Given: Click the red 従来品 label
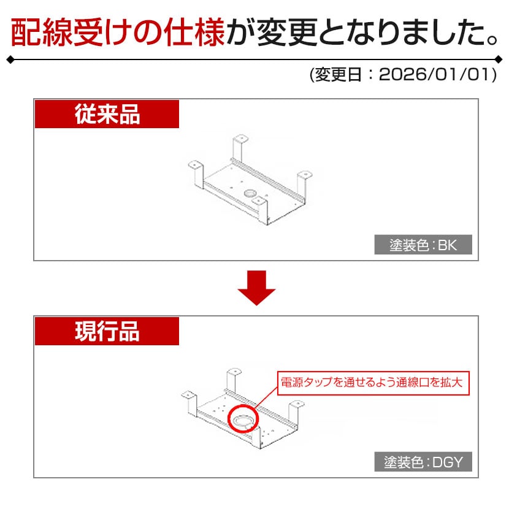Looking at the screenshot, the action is click(107, 114).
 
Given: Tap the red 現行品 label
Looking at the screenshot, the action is click(107, 331).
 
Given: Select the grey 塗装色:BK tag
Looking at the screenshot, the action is click(423, 245).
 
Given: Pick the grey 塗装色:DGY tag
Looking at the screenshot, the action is click(423, 462).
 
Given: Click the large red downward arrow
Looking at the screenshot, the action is click(256, 288).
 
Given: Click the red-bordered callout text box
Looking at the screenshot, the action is click(373, 383).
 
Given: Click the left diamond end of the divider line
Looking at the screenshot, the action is click(10, 59).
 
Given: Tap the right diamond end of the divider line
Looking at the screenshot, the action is click(499, 59).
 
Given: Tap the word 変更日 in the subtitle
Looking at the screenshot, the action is click(339, 75).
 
